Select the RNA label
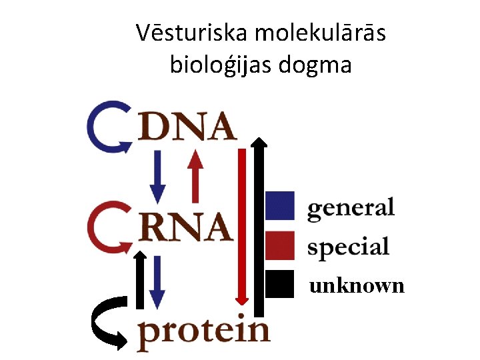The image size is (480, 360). pos(185,227)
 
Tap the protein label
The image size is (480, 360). pos(203,331)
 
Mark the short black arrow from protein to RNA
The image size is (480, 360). pos(140,280)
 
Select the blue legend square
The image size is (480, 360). pos(280,205)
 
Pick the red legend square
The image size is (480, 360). pos(280,245)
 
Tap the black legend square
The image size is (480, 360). pos(280,284)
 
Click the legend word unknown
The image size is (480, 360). pos(357,286)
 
